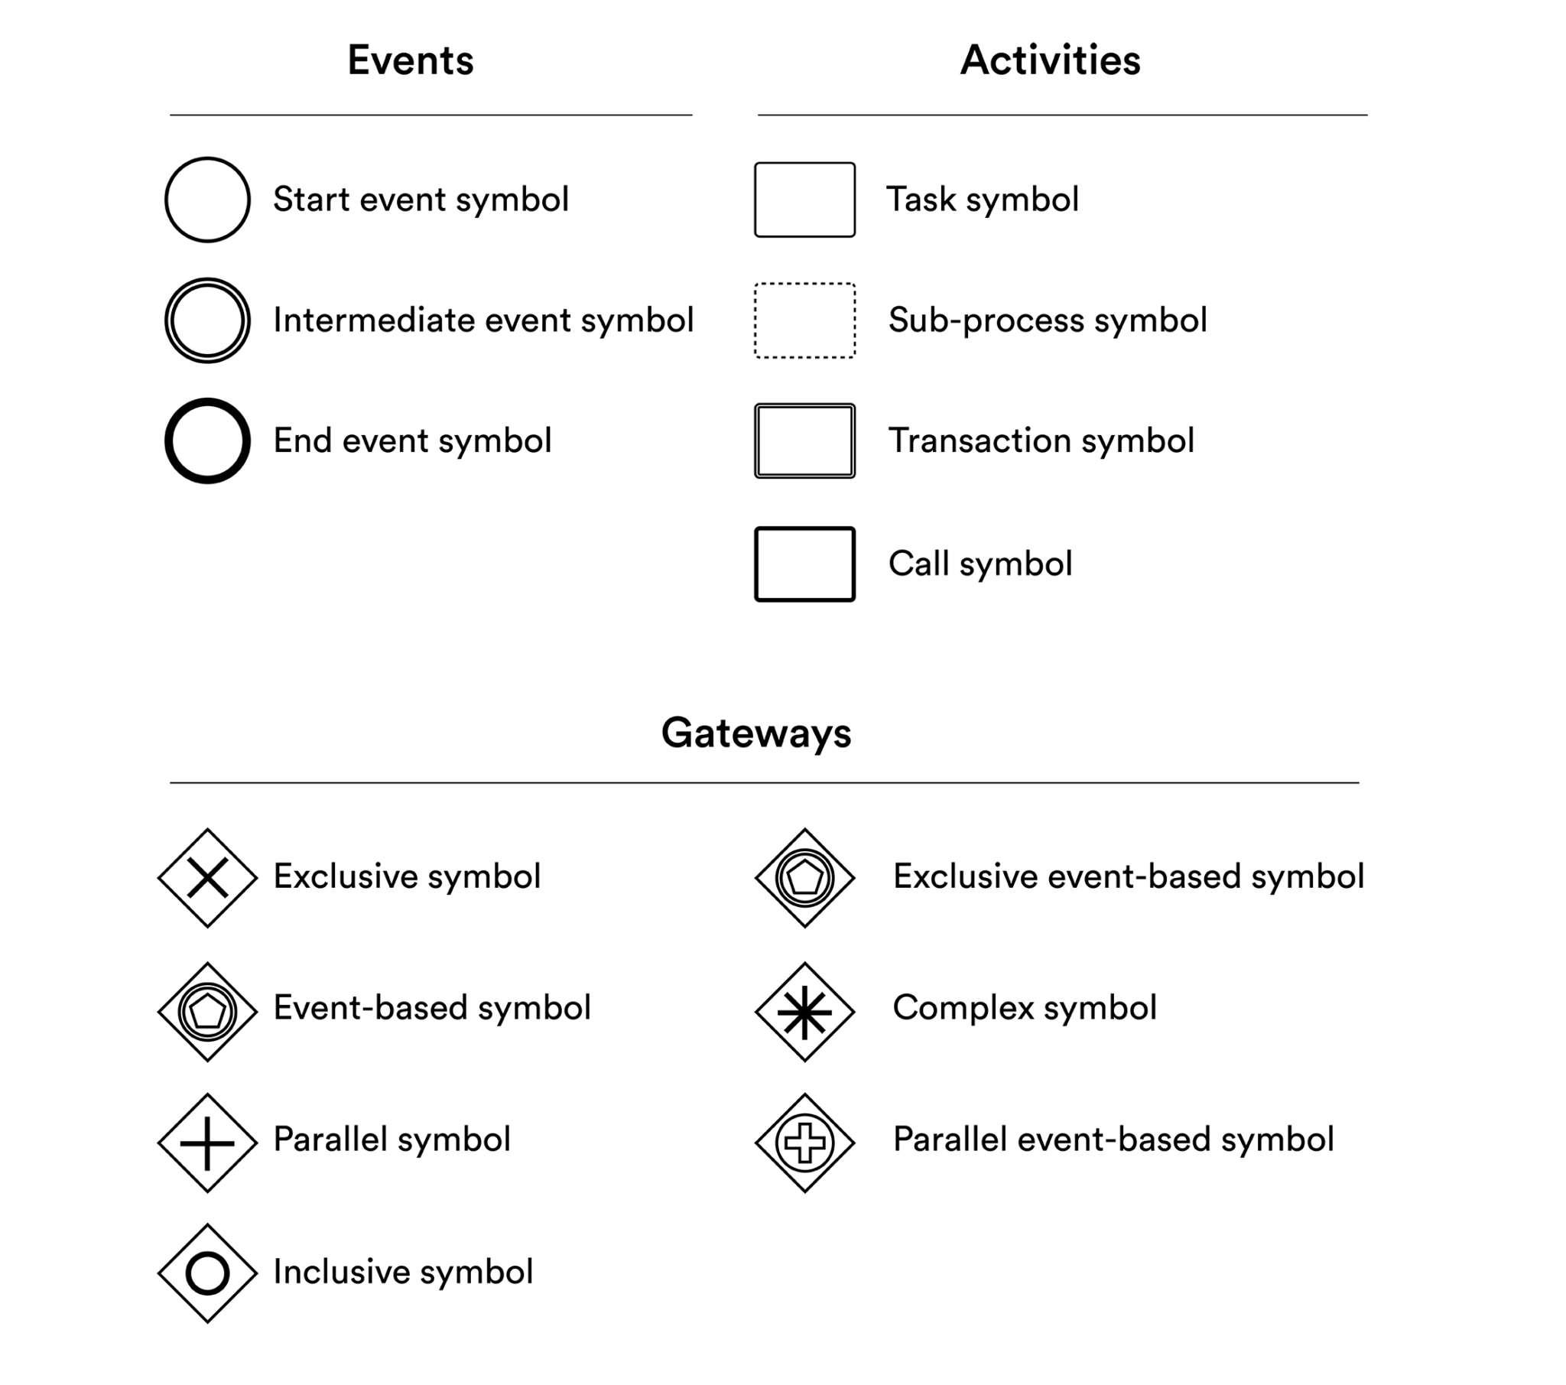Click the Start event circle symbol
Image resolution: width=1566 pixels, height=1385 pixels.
(166, 200)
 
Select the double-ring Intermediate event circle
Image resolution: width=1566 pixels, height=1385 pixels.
(166, 320)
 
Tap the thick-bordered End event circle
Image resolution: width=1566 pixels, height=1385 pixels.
(168, 441)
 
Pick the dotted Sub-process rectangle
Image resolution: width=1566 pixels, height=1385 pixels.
(755, 320)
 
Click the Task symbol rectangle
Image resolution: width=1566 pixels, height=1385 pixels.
(755, 200)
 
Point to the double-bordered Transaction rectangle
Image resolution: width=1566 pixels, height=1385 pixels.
(756, 441)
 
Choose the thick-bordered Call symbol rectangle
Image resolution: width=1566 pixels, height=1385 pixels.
(756, 564)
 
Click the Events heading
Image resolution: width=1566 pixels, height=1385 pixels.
(411, 60)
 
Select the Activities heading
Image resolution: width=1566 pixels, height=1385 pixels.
(1051, 60)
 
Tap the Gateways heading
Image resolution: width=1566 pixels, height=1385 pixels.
(756, 733)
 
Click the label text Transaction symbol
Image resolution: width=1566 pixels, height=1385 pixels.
(1041, 441)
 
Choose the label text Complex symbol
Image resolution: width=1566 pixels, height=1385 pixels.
(1025, 1009)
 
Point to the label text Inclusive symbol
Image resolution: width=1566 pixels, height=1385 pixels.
(403, 1273)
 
